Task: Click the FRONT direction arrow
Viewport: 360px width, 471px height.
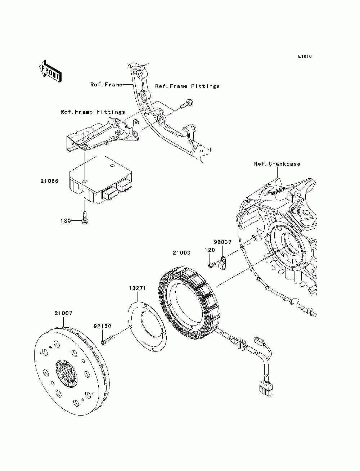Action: click(50, 71)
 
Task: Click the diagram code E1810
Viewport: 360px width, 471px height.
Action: click(305, 57)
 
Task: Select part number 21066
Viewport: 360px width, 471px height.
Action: click(50, 181)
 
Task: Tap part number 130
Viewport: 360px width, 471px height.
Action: click(66, 221)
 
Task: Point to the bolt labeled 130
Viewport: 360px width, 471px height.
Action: click(85, 217)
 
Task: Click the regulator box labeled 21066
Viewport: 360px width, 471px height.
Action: click(100, 180)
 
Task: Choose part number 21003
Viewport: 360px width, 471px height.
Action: click(181, 253)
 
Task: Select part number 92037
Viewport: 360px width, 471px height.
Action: click(223, 242)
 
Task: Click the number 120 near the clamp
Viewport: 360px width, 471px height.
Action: click(210, 250)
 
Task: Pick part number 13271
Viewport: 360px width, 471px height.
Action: click(137, 288)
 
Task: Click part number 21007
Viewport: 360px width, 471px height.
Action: click(63, 313)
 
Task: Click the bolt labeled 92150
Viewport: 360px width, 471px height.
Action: click(108, 342)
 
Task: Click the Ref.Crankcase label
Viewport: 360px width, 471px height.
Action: click(277, 164)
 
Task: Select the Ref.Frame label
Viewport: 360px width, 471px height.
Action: click(107, 85)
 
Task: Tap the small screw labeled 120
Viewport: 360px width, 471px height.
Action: click(211, 265)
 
